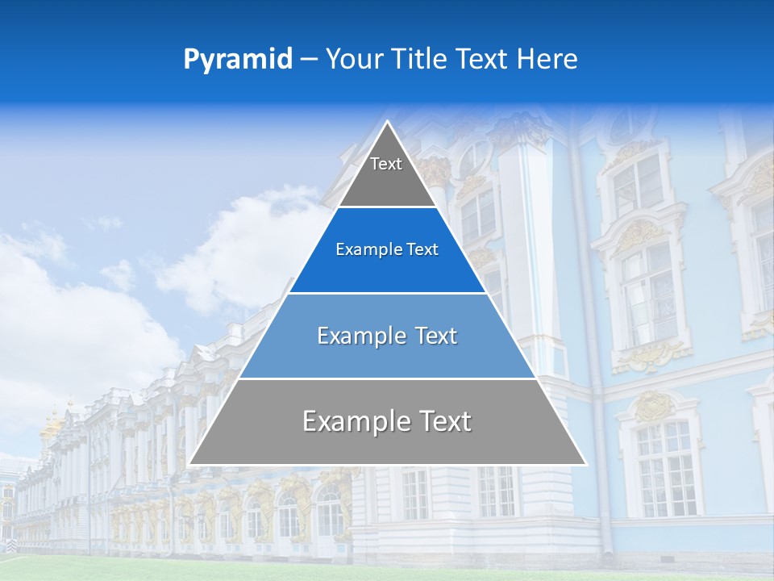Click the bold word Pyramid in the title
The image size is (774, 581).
click(237, 60)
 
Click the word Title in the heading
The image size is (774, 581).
click(419, 60)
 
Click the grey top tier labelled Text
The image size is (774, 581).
click(386, 173)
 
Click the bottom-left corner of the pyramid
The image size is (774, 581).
click(191, 463)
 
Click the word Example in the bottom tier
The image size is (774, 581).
click(353, 421)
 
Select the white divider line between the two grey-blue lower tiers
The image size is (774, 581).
click(387, 378)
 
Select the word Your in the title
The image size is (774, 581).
click(353, 60)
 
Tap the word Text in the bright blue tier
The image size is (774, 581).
click(422, 250)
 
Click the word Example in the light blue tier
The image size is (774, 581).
click(359, 336)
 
